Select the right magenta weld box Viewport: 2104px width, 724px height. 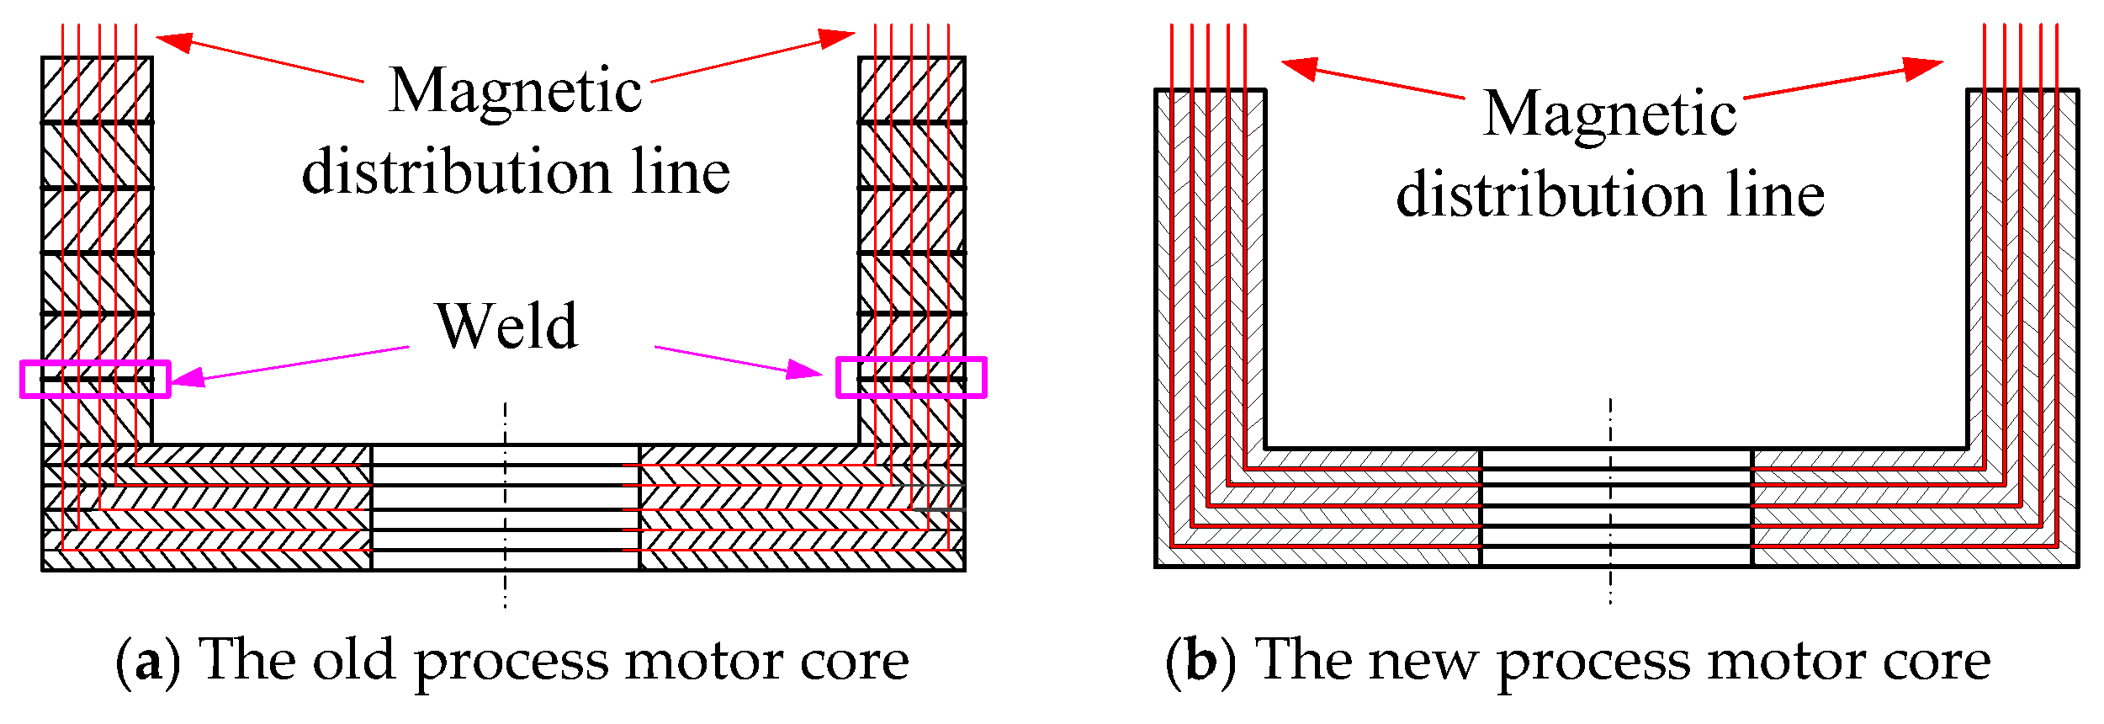coord(911,360)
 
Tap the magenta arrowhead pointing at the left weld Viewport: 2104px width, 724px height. coord(187,378)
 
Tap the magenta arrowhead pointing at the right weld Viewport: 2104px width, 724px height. coord(805,369)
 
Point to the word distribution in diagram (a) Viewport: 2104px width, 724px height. coord(454,172)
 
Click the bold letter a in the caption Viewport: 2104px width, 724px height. coord(147,663)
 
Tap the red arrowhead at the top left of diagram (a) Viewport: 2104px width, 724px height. coord(173,41)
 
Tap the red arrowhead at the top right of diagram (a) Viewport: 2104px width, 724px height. coord(837,37)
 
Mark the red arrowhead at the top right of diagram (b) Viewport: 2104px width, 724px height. coord(1925,67)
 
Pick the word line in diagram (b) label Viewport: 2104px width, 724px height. coord(1776,194)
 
